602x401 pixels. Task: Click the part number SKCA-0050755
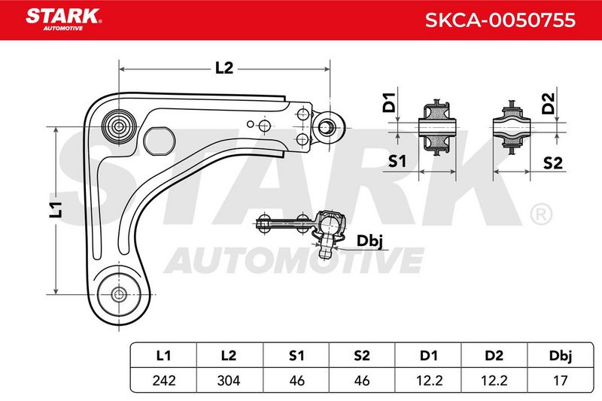coord(500,20)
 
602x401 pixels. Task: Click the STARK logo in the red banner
coord(63,19)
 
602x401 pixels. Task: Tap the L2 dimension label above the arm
coord(223,68)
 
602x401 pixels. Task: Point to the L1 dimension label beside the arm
coord(56,209)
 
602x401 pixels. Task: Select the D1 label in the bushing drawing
coord(389,102)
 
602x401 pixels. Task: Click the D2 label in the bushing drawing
coord(549,103)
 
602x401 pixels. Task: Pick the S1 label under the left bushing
coord(397,161)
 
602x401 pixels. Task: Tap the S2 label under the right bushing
coord(553,163)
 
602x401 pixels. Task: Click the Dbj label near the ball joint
coord(369,242)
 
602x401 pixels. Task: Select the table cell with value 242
coord(164,380)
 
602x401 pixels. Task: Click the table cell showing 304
coord(229,380)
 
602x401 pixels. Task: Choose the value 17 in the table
coord(560,380)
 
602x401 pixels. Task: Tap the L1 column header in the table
coord(163,355)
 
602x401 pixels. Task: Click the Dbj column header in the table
coord(560,355)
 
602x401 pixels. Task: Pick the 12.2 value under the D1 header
coord(429,380)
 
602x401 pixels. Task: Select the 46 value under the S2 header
coord(362,380)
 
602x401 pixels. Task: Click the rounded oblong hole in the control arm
coord(160,141)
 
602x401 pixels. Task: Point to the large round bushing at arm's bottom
coord(119,295)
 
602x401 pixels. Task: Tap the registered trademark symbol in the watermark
coord(541,214)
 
